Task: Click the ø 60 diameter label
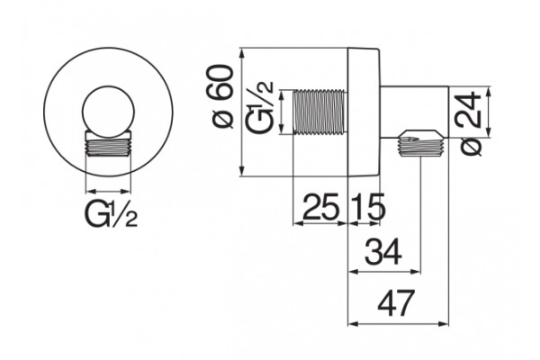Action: (x=224, y=96)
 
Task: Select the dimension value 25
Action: (x=320, y=207)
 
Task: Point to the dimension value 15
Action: (x=367, y=207)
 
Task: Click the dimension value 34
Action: (x=383, y=252)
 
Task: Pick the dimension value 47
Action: (x=395, y=303)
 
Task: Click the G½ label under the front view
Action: (x=110, y=214)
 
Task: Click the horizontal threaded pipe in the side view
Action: (x=319, y=112)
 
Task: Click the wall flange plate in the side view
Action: (x=364, y=112)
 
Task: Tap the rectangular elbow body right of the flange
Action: (x=414, y=112)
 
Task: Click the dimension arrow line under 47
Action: (x=398, y=324)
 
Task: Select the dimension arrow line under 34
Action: (x=384, y=272)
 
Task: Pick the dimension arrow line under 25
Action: (x=319, y=223)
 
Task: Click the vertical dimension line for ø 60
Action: (x=242, y=112)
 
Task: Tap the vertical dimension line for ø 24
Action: (x=489, y=112)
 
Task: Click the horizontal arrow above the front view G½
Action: (x=109, y=191)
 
